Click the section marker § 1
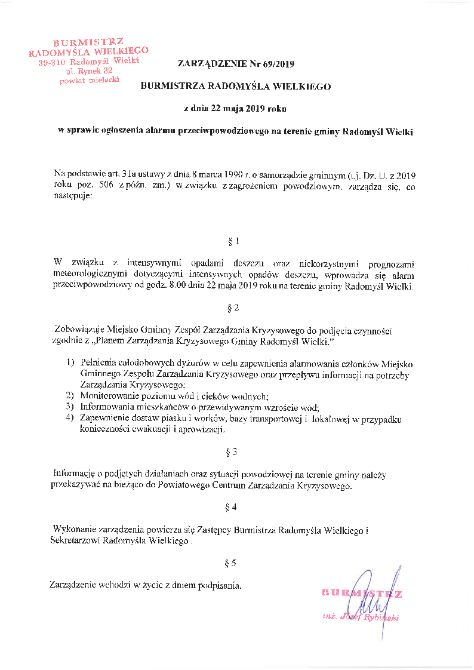233,242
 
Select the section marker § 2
233,308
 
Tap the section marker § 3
233,451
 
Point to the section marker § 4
233,507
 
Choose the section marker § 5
233,563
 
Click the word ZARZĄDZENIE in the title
207,64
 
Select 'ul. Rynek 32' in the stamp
90,71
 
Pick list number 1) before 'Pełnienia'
69,364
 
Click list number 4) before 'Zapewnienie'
69,419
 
